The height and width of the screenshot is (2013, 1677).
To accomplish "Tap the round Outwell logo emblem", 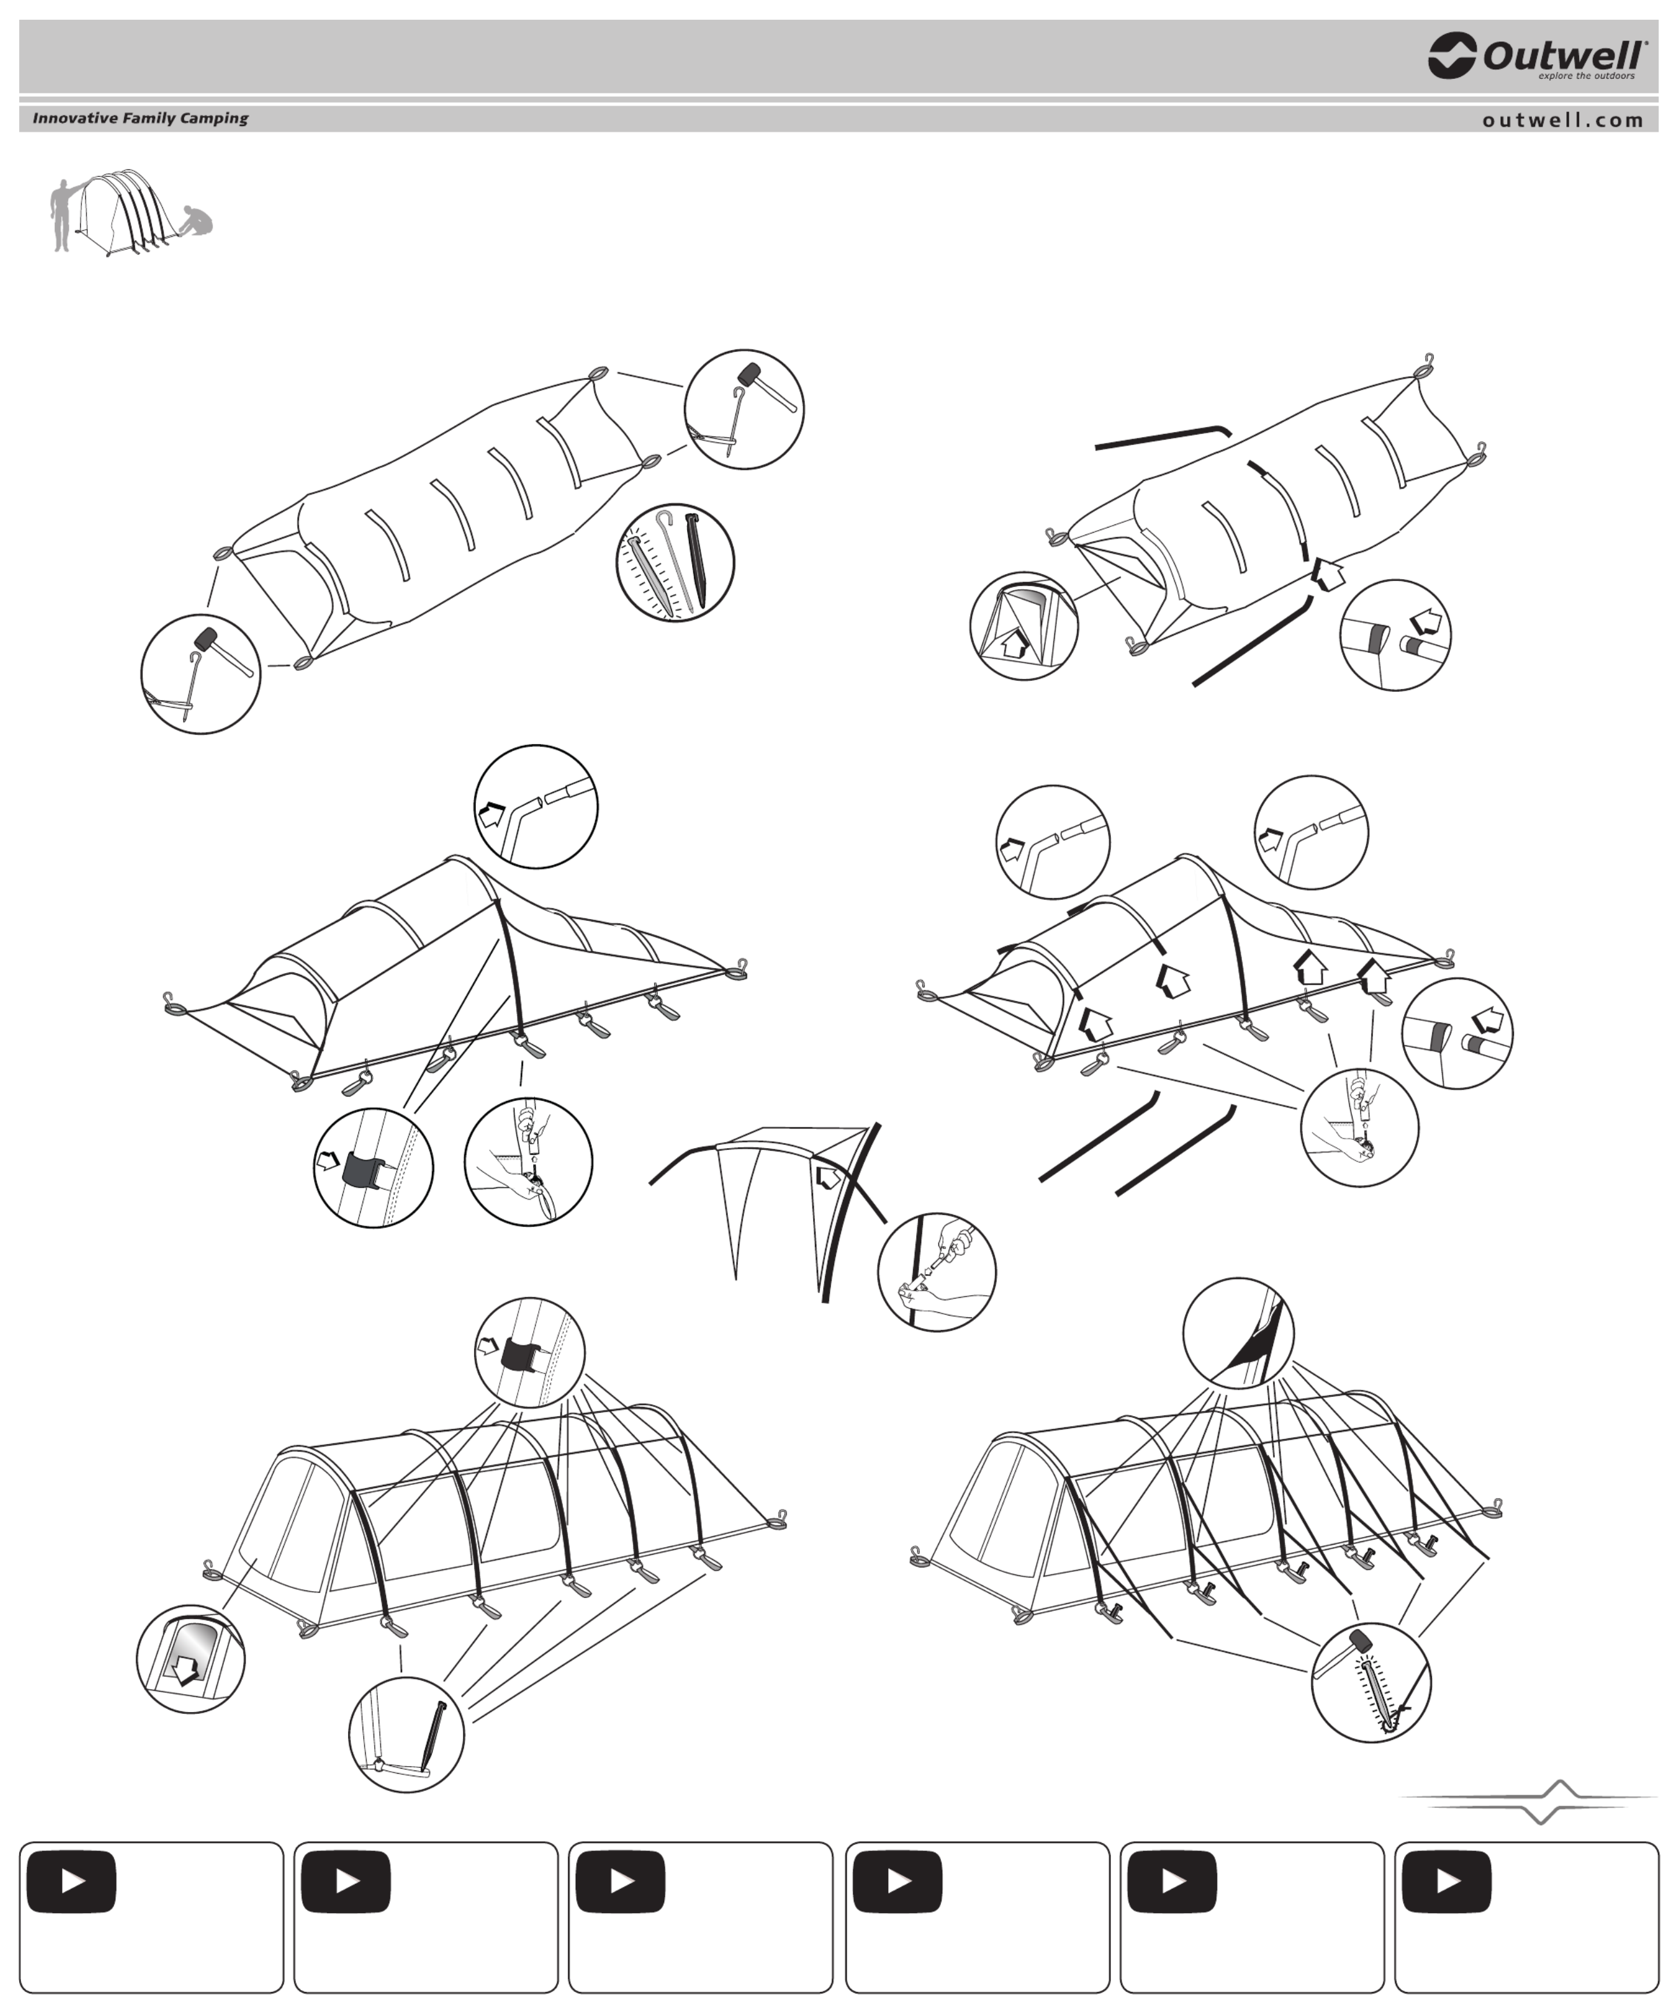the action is point(1451,55).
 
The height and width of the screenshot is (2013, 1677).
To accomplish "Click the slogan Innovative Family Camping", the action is point(140,118).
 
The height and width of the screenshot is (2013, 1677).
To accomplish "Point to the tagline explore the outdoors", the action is point(1586,76).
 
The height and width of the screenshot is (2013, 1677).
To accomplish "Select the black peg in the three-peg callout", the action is point(696,560).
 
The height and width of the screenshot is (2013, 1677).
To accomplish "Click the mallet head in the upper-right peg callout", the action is point(748,375).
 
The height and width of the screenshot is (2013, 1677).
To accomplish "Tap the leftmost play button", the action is point(72,1882).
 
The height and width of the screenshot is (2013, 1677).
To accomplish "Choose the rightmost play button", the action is point(1447,1882).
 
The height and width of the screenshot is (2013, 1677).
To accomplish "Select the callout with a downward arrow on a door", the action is point(191,1659).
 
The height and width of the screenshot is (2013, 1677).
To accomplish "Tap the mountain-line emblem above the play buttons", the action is point(1531,1802).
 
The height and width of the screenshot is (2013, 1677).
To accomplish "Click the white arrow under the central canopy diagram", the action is point(827,1176).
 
